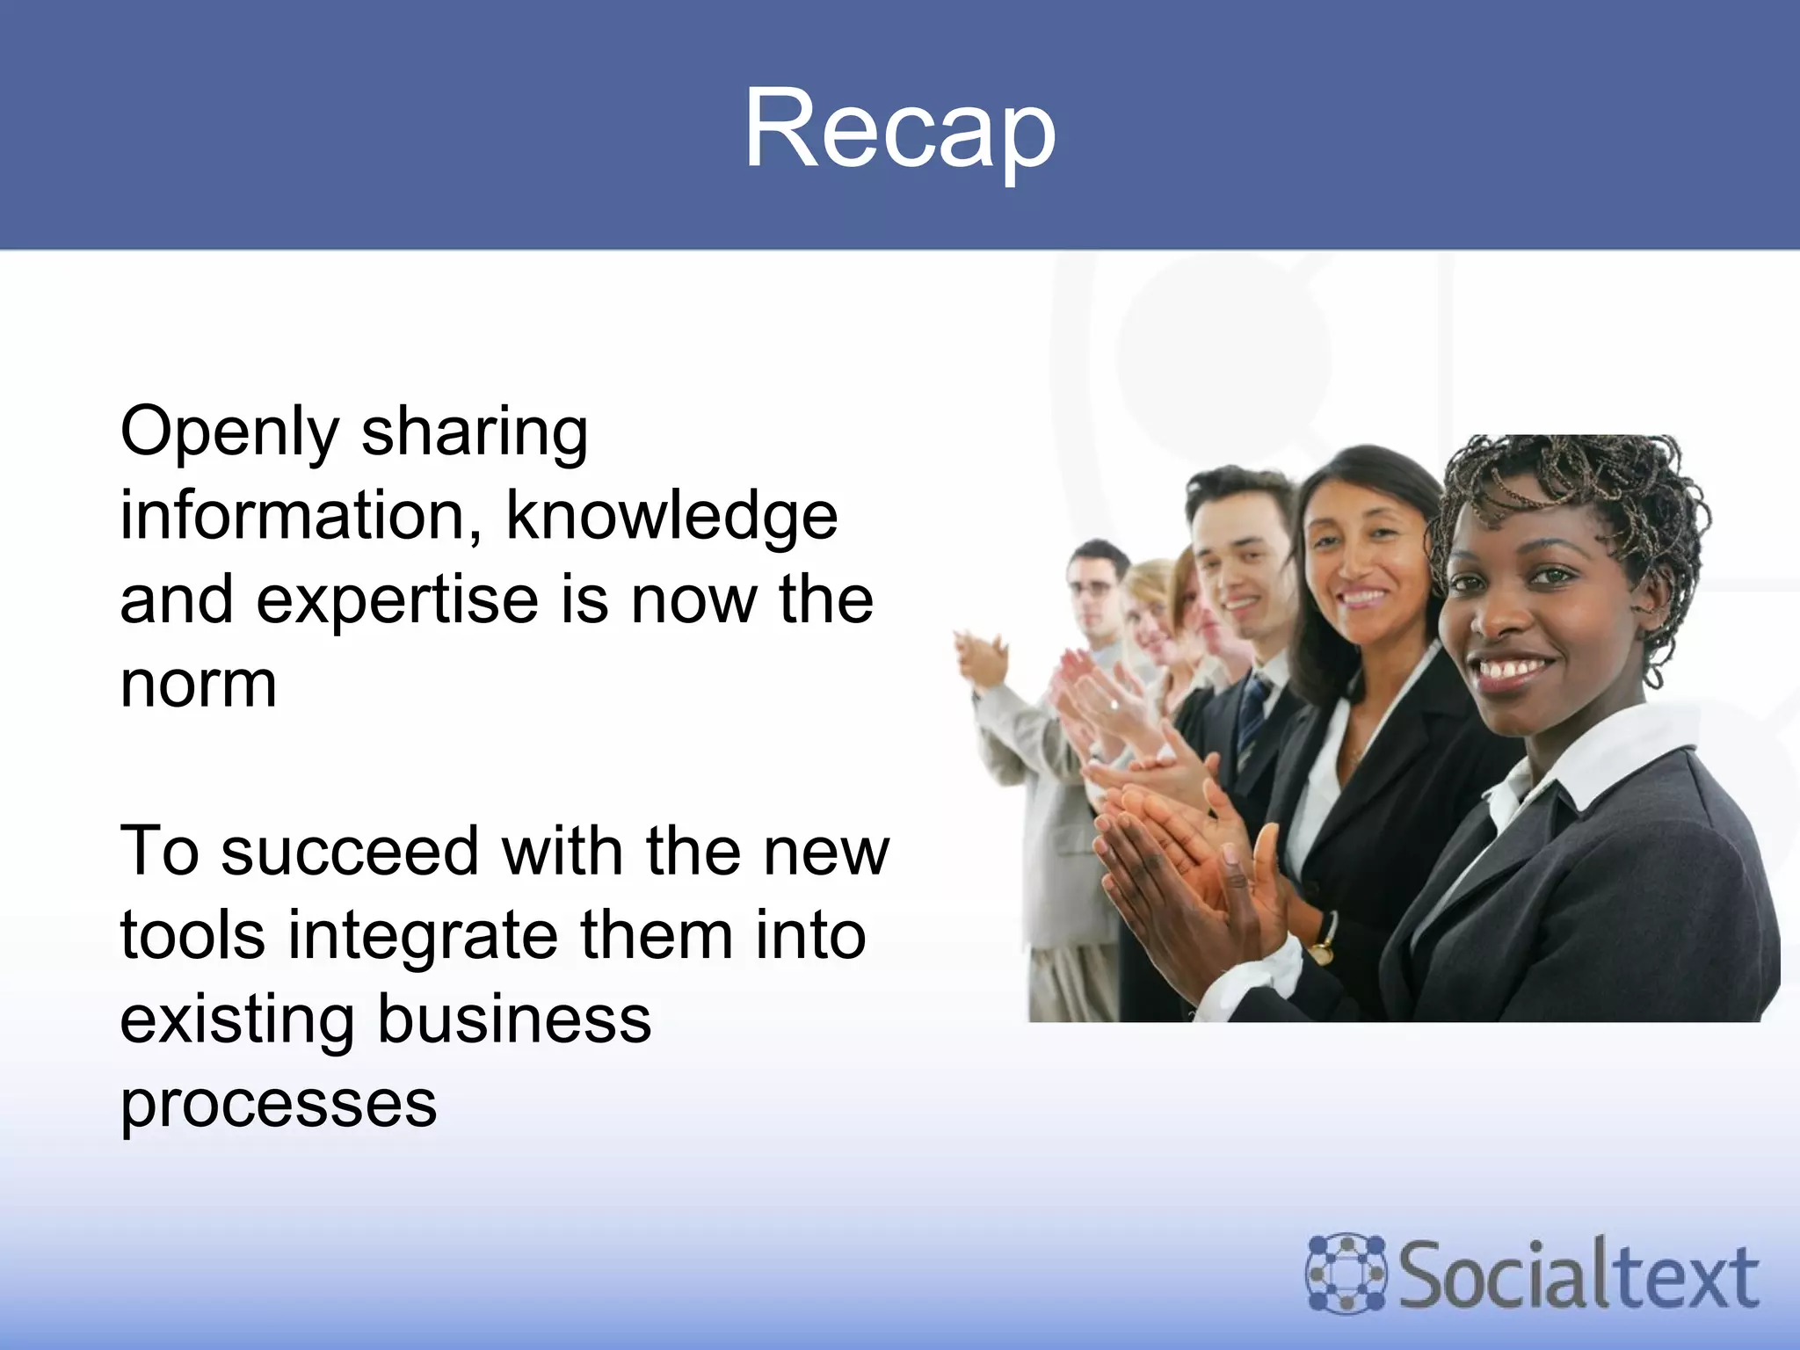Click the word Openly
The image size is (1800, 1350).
[229, 432]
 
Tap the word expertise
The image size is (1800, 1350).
[396, 599]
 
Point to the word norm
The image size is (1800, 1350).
[199, 684]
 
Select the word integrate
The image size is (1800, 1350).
[422, 935]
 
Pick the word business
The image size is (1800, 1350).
[514, 1020]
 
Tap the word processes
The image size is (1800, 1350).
[279, 1104]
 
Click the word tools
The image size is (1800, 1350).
[192, 935]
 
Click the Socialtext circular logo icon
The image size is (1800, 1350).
[1346, 1274]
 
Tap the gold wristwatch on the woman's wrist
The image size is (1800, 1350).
[1321, 950]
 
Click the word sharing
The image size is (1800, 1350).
[475, 432]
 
